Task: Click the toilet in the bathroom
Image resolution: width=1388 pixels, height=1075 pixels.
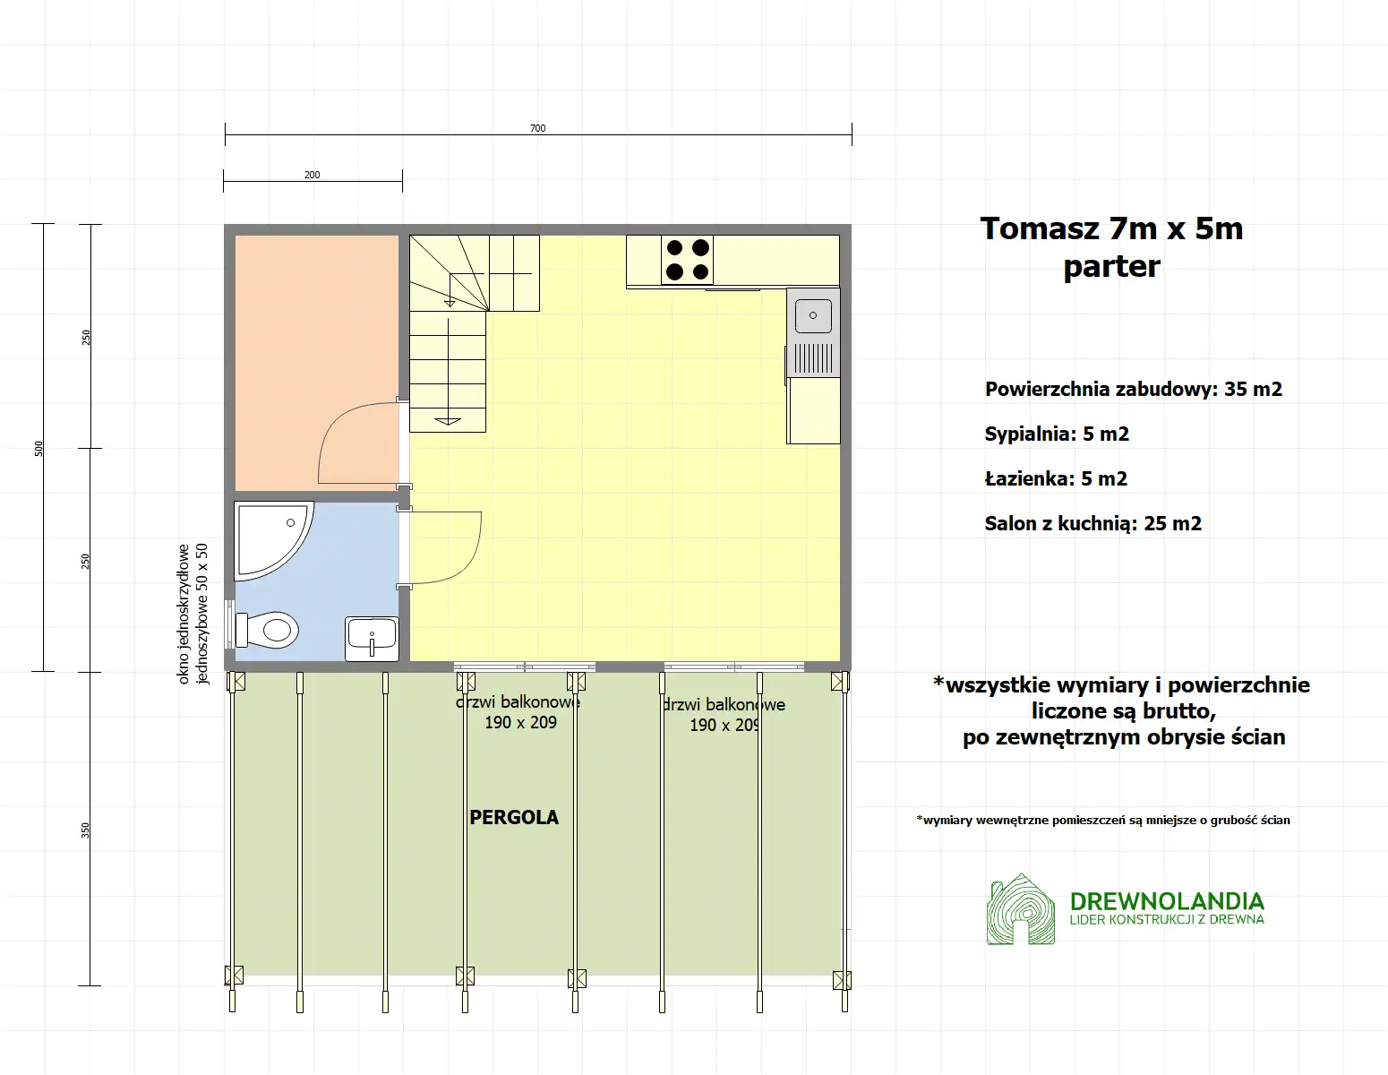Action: [x=271, y=630]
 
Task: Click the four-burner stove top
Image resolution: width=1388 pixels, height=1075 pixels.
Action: [x=688, y=260]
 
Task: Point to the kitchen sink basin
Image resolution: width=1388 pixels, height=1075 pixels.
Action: [x=813, y=316]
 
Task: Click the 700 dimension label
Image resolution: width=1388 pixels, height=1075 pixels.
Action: [x=537, y=128]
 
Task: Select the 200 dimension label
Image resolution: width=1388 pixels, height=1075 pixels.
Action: [x=312, y=175]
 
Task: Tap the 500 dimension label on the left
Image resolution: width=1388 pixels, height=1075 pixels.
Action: [x=39, y=448]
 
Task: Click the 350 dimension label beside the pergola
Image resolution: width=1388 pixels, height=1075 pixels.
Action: [x=86, y=830]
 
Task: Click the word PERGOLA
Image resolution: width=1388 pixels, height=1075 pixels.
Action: [x=514, y=817]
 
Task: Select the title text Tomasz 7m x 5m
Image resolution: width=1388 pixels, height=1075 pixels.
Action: [x=1111, y=228]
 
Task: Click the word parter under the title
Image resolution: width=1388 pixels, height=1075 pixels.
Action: [x=1111, y=266]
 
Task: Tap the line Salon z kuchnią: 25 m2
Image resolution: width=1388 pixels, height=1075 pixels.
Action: [x=1092, y=524]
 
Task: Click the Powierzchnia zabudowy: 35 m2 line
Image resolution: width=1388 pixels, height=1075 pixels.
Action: [x=1133, y=390]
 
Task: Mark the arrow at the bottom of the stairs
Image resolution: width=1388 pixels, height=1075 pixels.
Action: [x=447, y=420]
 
